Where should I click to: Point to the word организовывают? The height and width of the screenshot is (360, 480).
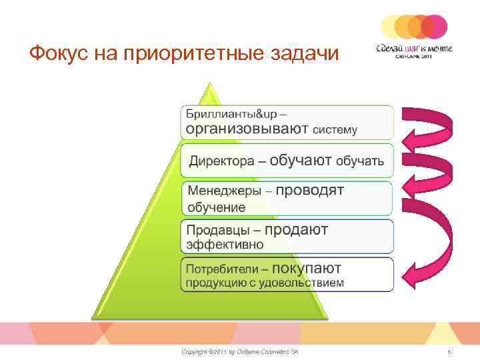247,128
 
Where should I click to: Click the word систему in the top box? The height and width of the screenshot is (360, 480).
335,129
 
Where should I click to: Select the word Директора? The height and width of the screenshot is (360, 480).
221,161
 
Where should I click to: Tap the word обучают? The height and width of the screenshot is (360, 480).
301,160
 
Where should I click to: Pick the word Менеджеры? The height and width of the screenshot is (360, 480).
225,191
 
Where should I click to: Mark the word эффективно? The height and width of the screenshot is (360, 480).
225,245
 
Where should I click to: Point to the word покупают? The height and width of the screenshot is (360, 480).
307,268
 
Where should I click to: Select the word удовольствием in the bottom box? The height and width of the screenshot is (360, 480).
309,283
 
